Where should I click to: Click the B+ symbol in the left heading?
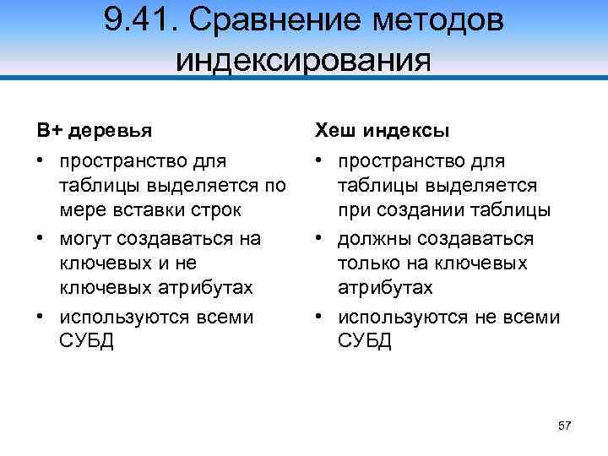(48, 131)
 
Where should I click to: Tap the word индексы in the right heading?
(406, 132)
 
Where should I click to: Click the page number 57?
(565, 426)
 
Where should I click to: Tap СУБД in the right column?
(365, 342)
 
